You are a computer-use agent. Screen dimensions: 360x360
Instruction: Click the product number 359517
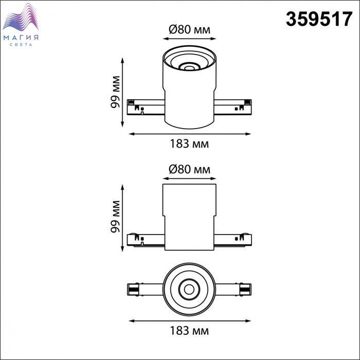click(319, 20)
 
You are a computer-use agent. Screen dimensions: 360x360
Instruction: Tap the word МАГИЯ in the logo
click(21, 38)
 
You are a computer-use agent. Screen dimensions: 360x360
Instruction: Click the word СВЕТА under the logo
click(21, 45)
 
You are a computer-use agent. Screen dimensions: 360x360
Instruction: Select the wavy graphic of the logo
click(21, 17)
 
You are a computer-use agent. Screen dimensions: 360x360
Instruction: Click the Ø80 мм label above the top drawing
click(189, 30)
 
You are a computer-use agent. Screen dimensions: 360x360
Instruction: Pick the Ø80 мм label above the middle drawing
click(189, 169)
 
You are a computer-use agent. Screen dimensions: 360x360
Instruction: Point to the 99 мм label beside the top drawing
click(115, 92)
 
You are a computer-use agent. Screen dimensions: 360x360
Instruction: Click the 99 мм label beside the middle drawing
click(115, 217)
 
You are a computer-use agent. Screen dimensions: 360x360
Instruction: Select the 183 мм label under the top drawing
click(189, 144)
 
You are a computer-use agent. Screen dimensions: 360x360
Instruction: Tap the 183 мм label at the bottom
click(189, 331)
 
